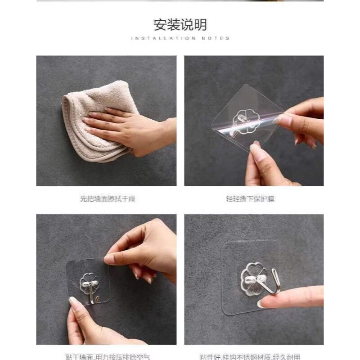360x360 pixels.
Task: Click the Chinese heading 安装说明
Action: (x=180, y=24)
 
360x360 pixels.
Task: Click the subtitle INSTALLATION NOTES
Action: (x=180, y=39)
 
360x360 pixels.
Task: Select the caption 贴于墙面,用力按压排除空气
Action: (x=106, y=357)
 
